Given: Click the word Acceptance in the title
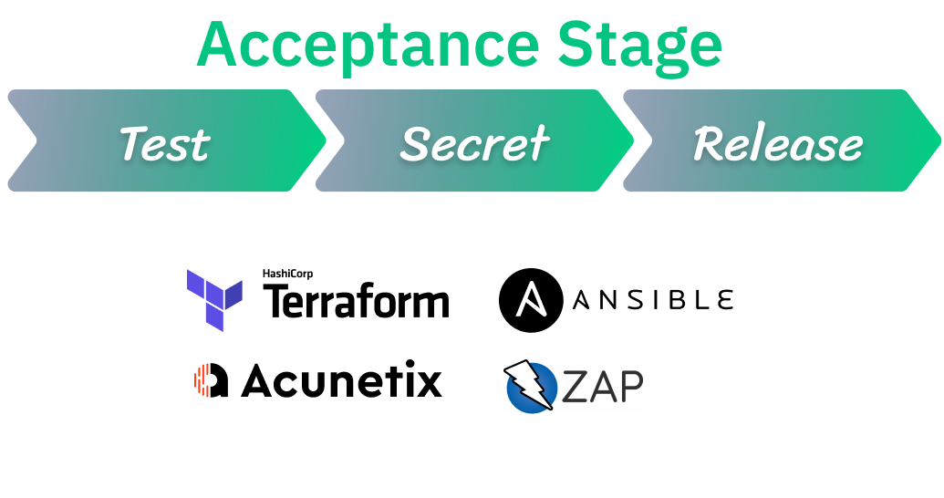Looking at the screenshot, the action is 368,47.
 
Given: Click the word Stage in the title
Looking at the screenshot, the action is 639,47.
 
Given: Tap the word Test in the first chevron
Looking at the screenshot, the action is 165,144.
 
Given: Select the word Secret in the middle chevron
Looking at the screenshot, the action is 474,144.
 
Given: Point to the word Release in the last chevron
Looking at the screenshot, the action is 778,144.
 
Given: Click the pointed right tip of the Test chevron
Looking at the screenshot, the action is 325,140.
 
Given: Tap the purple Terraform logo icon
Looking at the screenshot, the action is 214,300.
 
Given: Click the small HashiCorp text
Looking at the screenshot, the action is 288,274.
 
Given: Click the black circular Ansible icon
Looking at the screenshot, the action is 531,300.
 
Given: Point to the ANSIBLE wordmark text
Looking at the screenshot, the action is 653,300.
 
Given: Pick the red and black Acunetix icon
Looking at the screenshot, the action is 211,380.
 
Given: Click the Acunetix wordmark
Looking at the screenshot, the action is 341,379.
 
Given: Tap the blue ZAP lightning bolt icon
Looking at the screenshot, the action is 529,386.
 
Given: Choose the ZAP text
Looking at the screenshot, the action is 602,386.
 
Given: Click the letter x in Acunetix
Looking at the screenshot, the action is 428,384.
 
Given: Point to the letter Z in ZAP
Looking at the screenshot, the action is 574,386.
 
